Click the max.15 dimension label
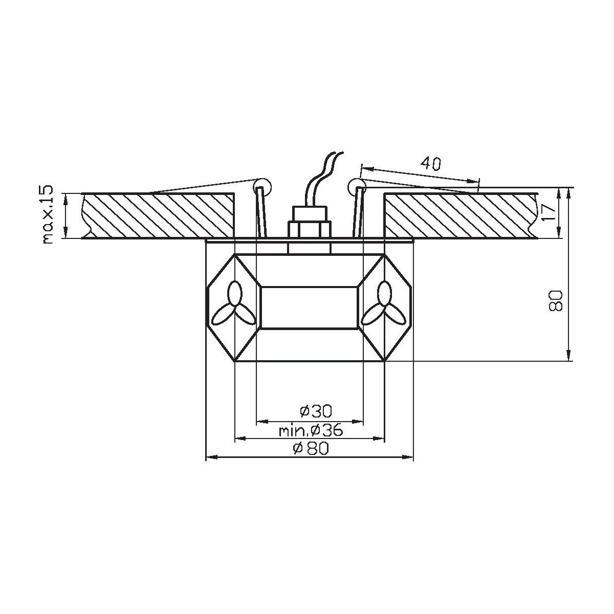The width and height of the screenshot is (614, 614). [x=48, y=215]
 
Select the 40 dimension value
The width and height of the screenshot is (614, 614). [x=431, y=163]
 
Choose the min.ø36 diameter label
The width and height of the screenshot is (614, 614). [x=310, y=430]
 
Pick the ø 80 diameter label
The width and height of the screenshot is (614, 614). [x=310, y=449]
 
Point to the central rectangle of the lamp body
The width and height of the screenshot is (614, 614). [x=309, y=307]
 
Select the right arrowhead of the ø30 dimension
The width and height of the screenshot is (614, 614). [x=360, y=422]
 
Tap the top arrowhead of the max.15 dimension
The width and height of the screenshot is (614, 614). [x=66, y=196]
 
